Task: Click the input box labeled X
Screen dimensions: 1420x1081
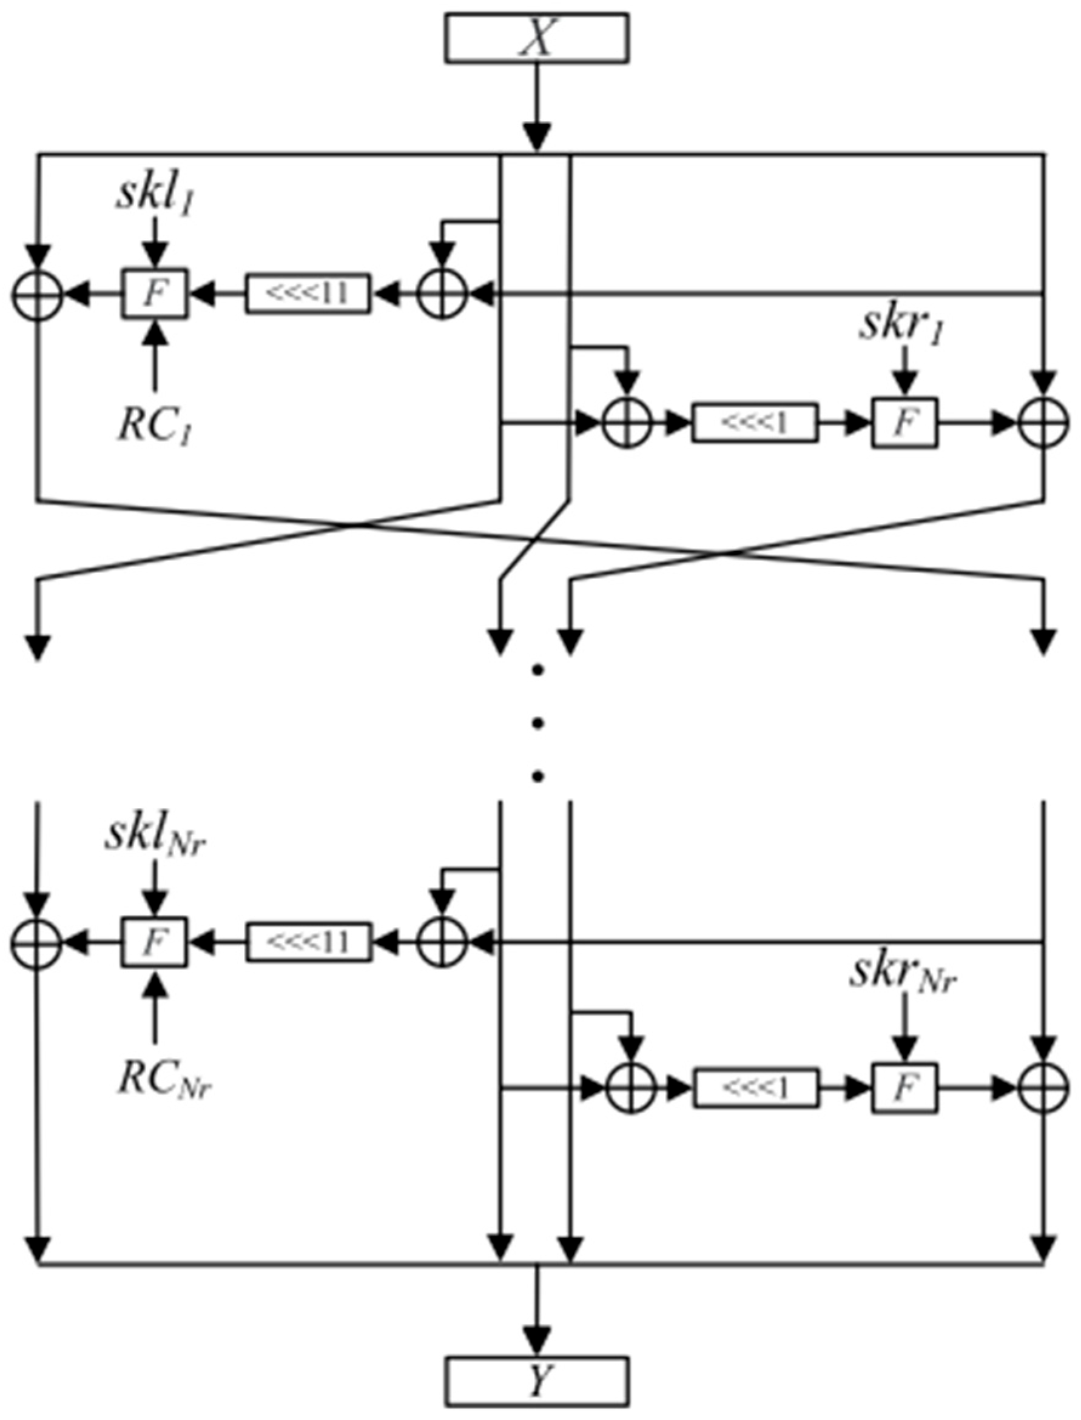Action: (537, 39)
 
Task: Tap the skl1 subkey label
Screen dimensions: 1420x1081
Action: (155, 196)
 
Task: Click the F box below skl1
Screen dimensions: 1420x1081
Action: (155, 294)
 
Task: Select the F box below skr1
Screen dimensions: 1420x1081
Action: (904, 423)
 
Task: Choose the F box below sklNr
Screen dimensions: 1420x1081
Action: (155, 942)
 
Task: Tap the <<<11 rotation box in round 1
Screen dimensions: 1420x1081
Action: (308, 294)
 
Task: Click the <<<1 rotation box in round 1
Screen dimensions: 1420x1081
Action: (755, 423)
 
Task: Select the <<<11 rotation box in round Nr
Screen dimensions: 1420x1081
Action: (308, 942)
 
